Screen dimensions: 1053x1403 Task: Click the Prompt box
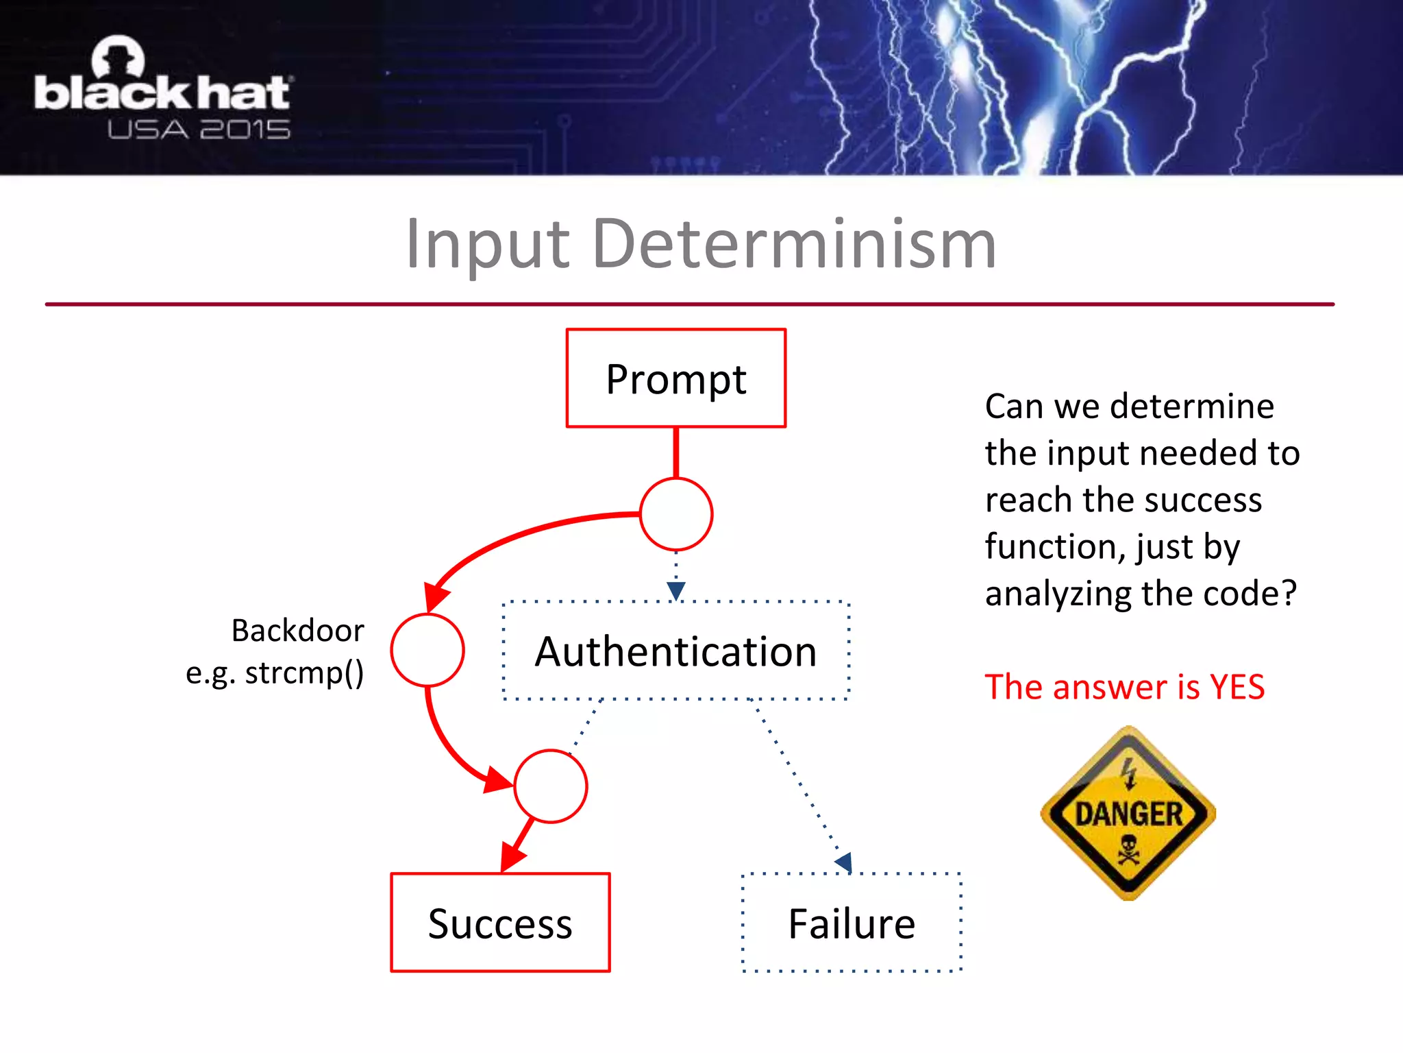[675, 378]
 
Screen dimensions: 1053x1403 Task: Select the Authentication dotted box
[675, 651]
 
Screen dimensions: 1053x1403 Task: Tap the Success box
[500, 923]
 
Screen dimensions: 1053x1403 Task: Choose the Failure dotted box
[852, 923]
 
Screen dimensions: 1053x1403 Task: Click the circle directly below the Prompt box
[676, 514]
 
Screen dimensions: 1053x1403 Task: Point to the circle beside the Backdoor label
[427, 650]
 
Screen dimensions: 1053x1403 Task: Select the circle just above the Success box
[551, 786]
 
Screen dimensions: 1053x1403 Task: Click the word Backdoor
[297, 630]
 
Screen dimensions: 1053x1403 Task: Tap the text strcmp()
[304, 673]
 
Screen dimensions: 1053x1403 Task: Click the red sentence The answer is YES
[1124, 687]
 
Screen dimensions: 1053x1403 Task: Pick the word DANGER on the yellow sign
[1128, 814]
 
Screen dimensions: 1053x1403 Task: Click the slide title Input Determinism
[701, 244]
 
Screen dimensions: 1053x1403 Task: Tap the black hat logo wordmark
[162, 93]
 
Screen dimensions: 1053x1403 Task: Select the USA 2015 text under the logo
[199, 130]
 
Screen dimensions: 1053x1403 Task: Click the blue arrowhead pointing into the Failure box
[845, 862]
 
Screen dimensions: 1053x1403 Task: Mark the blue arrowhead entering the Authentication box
[676, 590]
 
